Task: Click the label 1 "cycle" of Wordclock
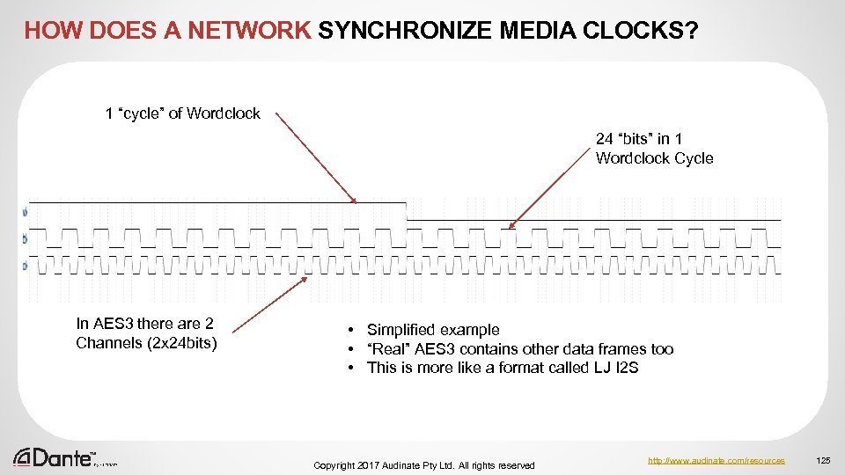[x=182, y=113]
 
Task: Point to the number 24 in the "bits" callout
[x=605, y=139]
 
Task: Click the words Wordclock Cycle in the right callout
[x=654, y=158]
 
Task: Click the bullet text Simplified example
[x=432, y=330]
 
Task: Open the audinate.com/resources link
[x=715, y=460]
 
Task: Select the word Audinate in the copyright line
[x=419, y=464]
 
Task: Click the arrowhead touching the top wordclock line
[x=354, y=200]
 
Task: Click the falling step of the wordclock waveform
[x=406, y=210]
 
